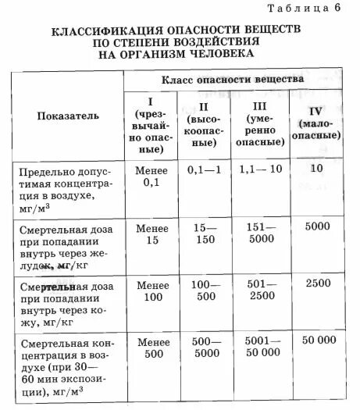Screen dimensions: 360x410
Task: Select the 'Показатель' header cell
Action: (68, 116)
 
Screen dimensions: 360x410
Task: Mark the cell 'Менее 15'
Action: (149, 234)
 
